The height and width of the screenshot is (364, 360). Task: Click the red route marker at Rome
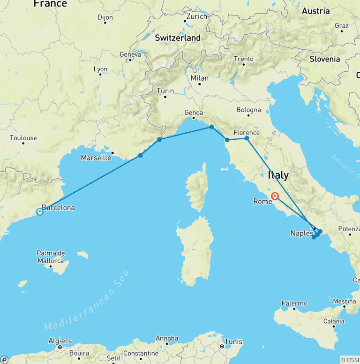(x=275, y=197)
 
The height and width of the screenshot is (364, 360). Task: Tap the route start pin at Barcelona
(x=40, y=212)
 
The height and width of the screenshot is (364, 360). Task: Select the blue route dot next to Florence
(x=247, y=138)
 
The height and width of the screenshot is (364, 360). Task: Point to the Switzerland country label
(x=178, y=38)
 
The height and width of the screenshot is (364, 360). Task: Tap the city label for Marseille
(x=96, y=158)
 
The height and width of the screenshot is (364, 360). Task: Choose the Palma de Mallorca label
(x=51, y=257)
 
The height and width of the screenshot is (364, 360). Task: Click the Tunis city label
(x=233, y=341)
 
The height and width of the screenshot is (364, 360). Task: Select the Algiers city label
(x=60, y=341)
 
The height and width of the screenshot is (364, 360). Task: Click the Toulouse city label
(x=23, y=138)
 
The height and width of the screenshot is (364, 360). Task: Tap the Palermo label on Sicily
(x=294, y=303)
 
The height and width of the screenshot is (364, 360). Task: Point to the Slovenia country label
(x=325, y=59)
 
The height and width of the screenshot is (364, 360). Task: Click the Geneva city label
(x=130, y=54)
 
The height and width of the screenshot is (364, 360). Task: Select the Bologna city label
(x=248, y=110)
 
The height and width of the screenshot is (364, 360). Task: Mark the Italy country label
(x=278, y=175)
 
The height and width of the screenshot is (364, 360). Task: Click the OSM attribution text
(x=349, y=360)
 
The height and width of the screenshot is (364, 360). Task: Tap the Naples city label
(x=301, y=233)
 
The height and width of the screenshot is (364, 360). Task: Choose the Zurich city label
(x=196, y=16)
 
